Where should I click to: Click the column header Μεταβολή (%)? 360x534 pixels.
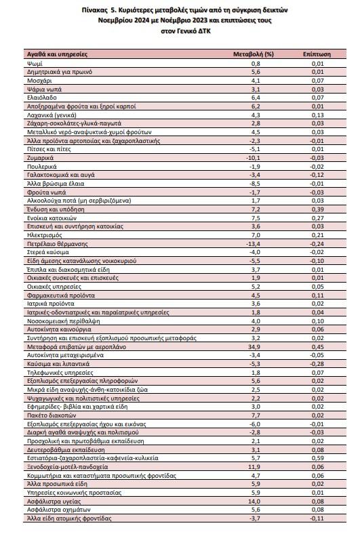pos(254,54)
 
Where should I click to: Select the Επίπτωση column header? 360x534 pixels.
pos(317,54)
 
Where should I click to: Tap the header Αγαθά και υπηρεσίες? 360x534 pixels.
pos(57,54)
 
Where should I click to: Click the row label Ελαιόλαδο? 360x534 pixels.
pos(42,98)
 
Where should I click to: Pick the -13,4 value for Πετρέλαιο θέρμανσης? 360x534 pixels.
pos(253,244)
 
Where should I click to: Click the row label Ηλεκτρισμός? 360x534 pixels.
pos(45,235)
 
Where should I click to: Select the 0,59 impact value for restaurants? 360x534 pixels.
pos(317,458)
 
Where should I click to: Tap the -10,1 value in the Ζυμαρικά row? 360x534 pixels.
pos(253,158)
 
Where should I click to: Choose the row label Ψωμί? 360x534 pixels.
pos(35,64)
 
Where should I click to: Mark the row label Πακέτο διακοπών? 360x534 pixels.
pos(52,415)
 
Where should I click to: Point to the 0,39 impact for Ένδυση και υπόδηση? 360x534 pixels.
pos(317,209)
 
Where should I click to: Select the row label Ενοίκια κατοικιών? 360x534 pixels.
pos(52,218)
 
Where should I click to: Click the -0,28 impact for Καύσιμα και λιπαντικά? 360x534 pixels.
pos(317,364)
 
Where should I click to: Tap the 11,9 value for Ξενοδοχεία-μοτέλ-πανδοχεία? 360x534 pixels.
pos(255,467)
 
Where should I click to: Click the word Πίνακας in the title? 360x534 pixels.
pos(94,10)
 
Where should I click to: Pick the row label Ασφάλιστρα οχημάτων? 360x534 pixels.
pos(59,510)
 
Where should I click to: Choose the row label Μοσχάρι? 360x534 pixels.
pos(39,81)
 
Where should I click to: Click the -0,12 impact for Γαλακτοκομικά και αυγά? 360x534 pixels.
pos(317,175)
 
